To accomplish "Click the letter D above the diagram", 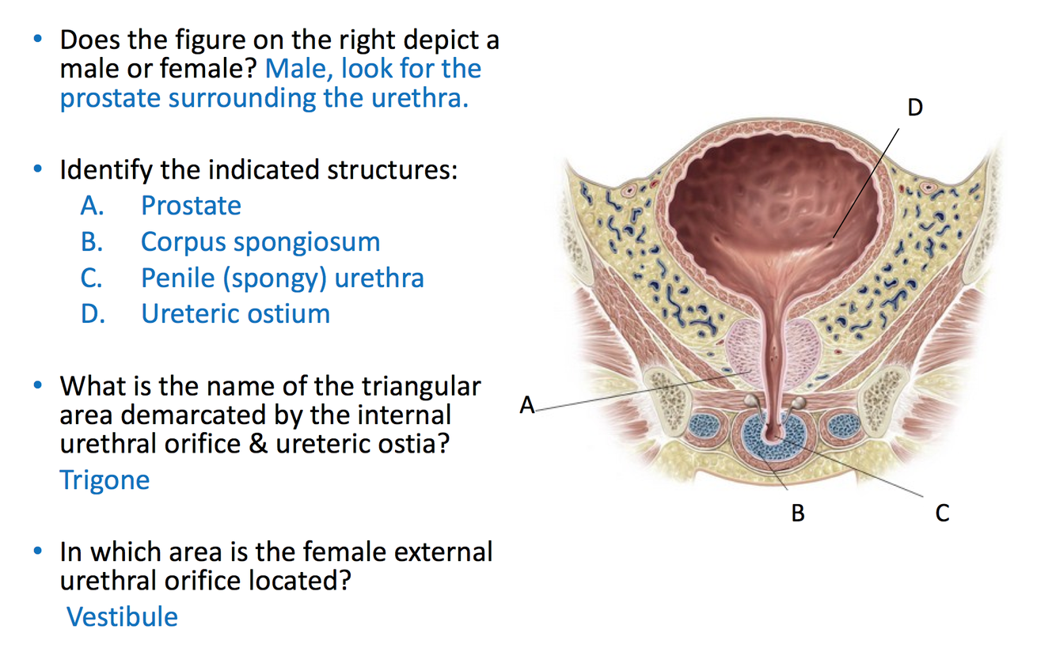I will coord(915,108).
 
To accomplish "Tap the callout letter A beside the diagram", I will coord(527,406).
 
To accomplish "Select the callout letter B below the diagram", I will coord(798,513).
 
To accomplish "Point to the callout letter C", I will coord(942,513).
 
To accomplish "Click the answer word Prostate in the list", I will coord(191,206).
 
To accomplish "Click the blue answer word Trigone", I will coord(104,479).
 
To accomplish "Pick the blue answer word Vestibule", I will coord(123,616).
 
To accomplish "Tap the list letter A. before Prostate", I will coord(93,206).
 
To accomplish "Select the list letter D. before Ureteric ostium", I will coord(93,313).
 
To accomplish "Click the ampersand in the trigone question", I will coord(257,443).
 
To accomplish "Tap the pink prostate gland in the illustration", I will coord(745,348).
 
